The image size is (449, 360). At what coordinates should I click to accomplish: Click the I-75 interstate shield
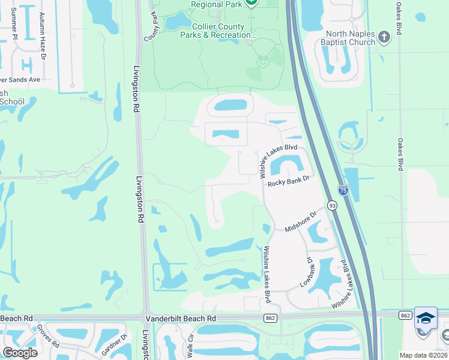click(343, 190)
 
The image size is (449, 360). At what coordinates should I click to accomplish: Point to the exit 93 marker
click(331, 206)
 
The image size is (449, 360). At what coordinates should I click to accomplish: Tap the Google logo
click(19, 353)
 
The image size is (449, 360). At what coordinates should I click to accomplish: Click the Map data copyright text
click(423, 355)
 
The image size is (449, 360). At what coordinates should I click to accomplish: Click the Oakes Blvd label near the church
click(399, 18)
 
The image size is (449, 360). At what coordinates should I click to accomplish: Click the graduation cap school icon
click(426, 319)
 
